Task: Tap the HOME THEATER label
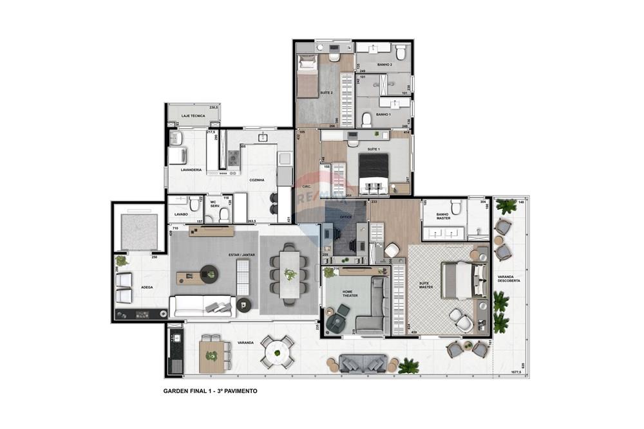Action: point(348,293)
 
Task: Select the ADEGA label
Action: point(147,287)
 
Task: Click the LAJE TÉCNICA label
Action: point(193,116)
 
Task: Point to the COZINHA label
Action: point(258,180)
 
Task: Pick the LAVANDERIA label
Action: point(191,170)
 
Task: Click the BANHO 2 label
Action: point(385,65)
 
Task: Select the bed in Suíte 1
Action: point(373,172)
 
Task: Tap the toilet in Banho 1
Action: point(366,119)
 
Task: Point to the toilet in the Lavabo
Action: point(194,205)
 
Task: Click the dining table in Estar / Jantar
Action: point(290,274)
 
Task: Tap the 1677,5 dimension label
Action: point(513,372)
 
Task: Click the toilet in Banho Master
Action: point(457,207)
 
